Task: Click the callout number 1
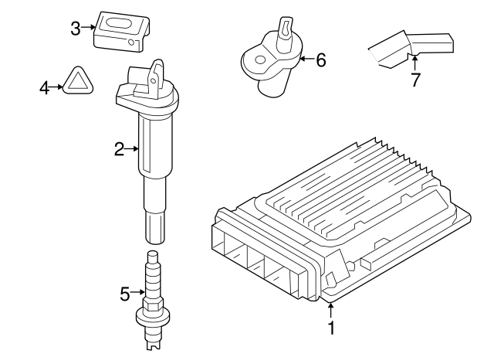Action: (x=331, y=328)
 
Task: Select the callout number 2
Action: (x=120, y=149)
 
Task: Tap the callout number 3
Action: (x=76, y=29)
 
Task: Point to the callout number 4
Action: (x=45, y=88)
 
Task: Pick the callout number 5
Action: (x=125, y=294)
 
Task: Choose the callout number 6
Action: (x=321, y=60)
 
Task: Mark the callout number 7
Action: (x=415, y=80)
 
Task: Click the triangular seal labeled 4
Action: (x=78, y=80)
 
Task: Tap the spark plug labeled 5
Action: (x=153, y=301)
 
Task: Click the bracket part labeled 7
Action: (x=411, y=49)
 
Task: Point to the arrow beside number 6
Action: (x=306, y=59)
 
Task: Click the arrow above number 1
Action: (x=331, y=310)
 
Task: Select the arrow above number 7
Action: (x=415, y=63)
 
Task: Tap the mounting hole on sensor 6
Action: (x=260, y=60)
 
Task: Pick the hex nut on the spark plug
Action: (x=153, y=305)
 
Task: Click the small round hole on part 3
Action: (x=131, y=43)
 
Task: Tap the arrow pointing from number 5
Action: (x=137, y=292)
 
